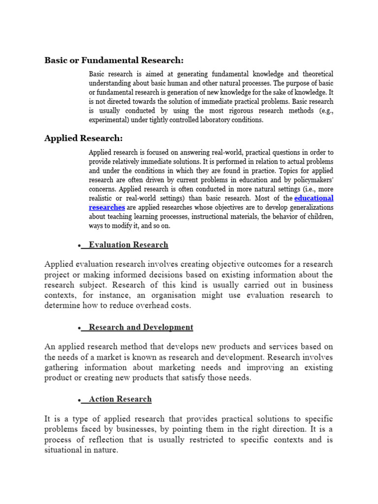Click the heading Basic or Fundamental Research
coord(114,60)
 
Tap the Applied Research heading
coord(84,138)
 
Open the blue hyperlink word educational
coord(314,198)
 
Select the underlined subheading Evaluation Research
coord(128,245)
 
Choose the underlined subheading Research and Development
coord(141,327)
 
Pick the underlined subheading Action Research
coord(120,399)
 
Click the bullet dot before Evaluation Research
coord(79,246)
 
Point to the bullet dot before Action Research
coord(79,400)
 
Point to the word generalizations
coord(303,207)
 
